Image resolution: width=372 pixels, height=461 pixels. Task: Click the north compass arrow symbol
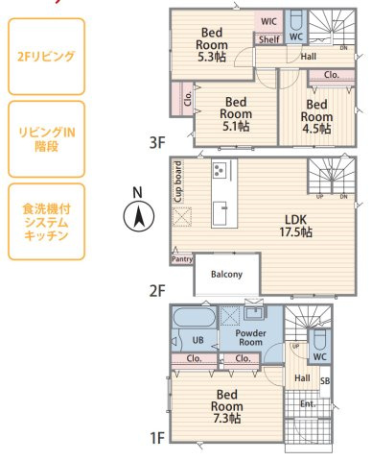[x=139, y=216]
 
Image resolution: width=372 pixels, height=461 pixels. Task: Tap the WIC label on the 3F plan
[x=268, y=21]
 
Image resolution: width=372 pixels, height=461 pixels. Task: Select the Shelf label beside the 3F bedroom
[x=269, y=39]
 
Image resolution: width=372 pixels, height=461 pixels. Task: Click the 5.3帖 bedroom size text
[x=212, y=57]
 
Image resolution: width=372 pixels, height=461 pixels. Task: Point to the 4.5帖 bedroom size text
[x=316, y=129]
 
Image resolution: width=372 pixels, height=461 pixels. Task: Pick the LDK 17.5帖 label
[x=296, y=226]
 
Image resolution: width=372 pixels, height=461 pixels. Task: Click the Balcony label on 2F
[x=226, y=275]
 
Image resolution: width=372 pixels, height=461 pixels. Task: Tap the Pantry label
[x=182, y=259]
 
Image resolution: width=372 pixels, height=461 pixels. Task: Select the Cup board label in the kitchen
[x=178, y=182]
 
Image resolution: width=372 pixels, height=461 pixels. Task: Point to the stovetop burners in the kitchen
[x=220, y=169]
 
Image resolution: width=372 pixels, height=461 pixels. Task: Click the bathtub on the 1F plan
[x=195, y=317]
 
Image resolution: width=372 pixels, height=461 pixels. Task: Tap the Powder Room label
[x=251, y=337]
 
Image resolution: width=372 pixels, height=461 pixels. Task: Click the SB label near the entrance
[x=325, y=381]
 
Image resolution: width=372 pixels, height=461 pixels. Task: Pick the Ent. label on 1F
[x=308, y=404]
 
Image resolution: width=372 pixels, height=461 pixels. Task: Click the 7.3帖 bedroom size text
[x=227, y=419]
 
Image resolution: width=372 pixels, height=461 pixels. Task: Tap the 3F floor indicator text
[x=157, y=143]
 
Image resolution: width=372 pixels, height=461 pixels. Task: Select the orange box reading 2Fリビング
[x=46, y=57]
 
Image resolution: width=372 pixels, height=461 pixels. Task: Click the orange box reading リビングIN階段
[x=46, y=139]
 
